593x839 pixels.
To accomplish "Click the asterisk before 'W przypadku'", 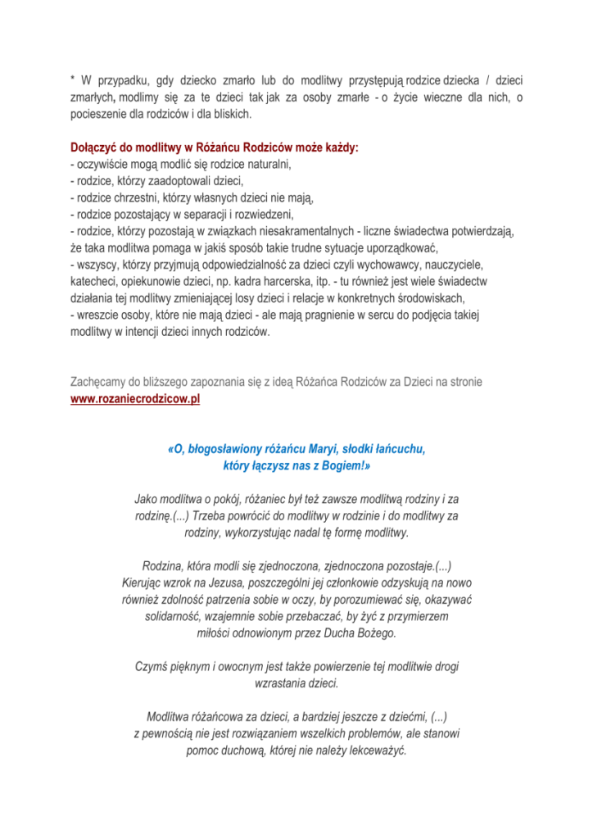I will click(72, 80).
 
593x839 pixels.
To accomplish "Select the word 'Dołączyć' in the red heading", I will click(94, 149).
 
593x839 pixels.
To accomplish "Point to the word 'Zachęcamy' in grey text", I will click(98, 382).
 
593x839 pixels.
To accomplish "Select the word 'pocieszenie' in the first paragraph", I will click(96, 111).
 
